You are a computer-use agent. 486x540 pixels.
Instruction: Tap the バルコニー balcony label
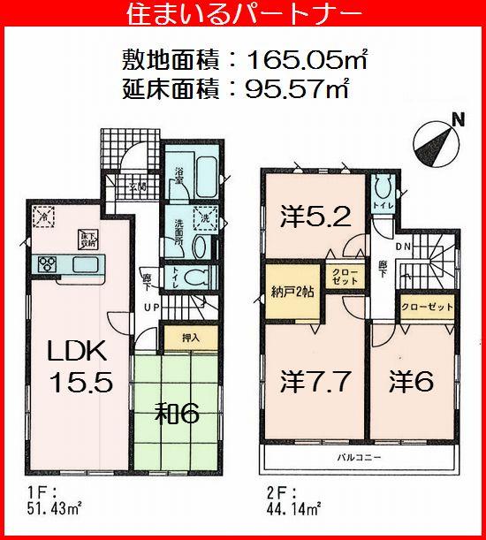click(x=357, y=457)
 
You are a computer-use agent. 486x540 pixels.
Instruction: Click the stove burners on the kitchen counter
click(x=47, y=263)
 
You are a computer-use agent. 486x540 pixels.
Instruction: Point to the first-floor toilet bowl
click(x=199, y=277)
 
